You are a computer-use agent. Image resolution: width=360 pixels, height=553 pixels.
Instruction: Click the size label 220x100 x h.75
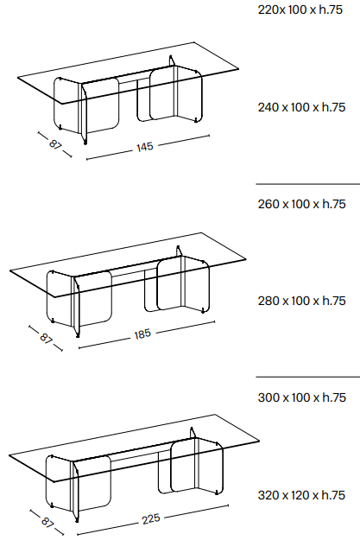(x=300, y=10)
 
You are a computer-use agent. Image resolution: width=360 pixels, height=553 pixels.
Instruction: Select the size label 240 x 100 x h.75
(x=301, y=107)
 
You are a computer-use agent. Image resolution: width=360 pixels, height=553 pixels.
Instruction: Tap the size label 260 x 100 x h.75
(x=301, y=204)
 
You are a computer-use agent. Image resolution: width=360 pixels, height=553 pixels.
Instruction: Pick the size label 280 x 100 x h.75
(x=301, y=301)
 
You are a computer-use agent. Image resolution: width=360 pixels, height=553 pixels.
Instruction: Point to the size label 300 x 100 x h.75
(x=301, y=397)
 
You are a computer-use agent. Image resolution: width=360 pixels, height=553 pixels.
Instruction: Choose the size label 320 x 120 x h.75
(x=301, y=495)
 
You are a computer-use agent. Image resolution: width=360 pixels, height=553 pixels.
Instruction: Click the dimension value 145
(x=145, y=147)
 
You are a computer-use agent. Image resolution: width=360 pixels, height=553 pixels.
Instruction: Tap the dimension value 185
(x=142, y=334)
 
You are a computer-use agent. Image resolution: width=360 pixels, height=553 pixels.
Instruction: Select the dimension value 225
(x=151, y=518)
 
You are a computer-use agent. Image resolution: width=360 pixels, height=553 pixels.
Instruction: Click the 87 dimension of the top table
(x=55, y=144)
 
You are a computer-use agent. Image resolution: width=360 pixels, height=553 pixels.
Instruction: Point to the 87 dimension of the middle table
(x=46, y=338)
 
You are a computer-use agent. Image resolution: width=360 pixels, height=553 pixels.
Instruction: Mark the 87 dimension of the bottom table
(x=47, y=521)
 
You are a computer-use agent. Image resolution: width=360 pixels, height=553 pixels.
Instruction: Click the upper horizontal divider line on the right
(x=308, y=184)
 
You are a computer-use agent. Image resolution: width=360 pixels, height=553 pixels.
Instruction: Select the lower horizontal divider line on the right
(x=308, y=377)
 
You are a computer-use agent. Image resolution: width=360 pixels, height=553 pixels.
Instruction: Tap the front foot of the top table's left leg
(x=85, y=143)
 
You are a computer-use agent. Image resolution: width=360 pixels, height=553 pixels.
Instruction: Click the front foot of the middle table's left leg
(x=78, y=335)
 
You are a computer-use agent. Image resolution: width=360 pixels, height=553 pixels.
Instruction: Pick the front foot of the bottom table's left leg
(x=77, y=519)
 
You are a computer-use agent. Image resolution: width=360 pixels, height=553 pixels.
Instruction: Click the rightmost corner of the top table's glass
(x=239, y=69)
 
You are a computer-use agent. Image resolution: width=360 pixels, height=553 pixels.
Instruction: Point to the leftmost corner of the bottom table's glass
(x=9, y=455)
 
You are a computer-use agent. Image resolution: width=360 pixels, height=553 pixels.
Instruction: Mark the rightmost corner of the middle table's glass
(x=246, y=259)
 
